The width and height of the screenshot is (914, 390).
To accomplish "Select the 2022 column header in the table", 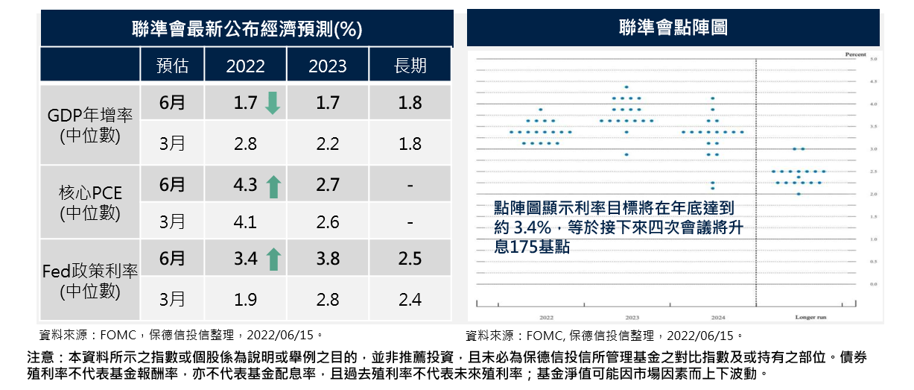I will tap(245, 66).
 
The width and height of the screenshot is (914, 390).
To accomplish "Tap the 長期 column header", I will tap(410, 66).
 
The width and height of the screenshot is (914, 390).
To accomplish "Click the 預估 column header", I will tap(172, 66).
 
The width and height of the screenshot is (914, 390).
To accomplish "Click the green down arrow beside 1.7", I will tap(273, 103).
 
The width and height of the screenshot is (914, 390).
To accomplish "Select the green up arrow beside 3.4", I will tap(273, 260).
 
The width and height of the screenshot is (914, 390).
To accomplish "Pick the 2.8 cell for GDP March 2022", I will tap(245, 144).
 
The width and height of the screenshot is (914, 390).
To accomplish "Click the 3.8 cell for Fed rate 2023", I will tap(328, 260).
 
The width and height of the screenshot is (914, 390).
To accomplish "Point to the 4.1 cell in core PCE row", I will tap(245, 222).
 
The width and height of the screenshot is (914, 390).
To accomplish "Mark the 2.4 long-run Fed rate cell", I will tap(410, 300).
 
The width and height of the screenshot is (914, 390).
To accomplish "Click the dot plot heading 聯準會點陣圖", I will tap(673, 28).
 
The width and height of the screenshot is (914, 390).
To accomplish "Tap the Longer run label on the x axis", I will tap(807, 317).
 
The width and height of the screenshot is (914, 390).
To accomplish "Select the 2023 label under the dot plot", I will tap(632, 317).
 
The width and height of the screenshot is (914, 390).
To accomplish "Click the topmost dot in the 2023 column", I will tap(626, 87).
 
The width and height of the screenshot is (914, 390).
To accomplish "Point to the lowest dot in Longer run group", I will tap(799, 194).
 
